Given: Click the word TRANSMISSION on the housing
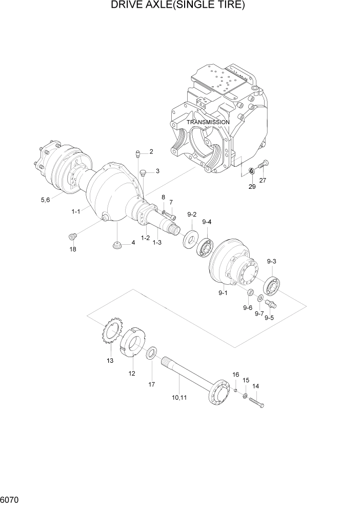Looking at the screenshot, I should pyautogui.click(x=208, y=123).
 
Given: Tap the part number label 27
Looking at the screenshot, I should pyautogui.click(x=263, y=180).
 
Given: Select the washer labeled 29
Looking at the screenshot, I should pyautogui.click(x=251, y=170).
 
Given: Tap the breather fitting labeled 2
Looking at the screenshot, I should pyautogui.click(x=138, y=152).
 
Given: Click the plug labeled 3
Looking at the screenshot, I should pyautogui.click(x=143, y=171).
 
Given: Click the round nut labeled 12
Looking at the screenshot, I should pyautogui.click(x=133, y=342).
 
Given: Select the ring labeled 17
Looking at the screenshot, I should pyautogui.click(x=152, y=354).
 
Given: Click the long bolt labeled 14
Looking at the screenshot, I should pyautogui.click(x=257, y=402).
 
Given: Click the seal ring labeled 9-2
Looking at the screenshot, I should pyautogui.click(x=191, y=240).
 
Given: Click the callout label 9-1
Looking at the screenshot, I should pyautogui.click(x=222, y=292).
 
